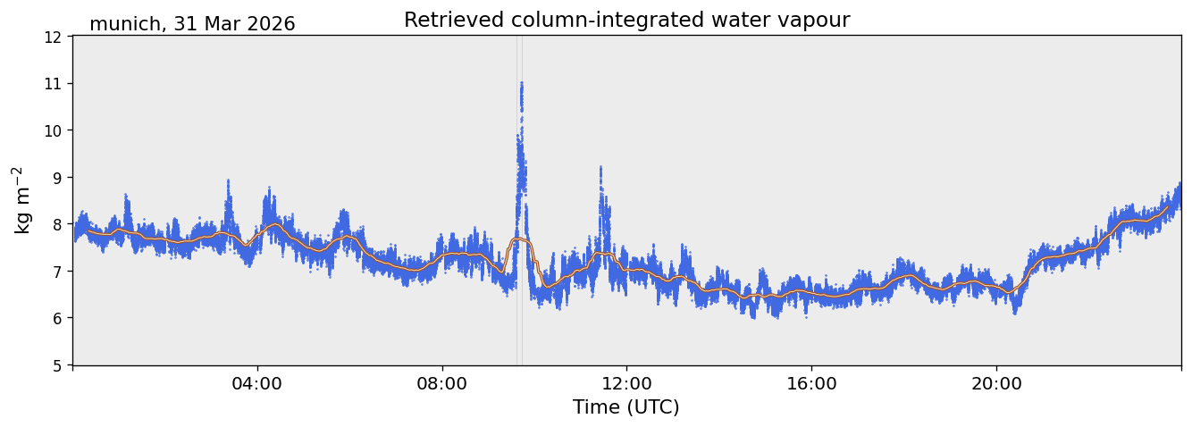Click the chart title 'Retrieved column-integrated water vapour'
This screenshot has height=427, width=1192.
627,21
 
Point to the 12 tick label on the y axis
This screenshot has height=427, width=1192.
52,38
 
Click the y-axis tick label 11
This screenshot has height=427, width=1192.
52,84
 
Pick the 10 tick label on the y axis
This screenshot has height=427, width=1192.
52,130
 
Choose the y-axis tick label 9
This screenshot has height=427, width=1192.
56,178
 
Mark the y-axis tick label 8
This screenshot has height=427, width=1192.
56,224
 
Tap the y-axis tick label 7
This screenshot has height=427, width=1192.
56,272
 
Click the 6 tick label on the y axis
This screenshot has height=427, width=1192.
56,318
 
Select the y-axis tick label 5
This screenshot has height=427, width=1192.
56,365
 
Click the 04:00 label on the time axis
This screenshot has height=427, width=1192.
257,383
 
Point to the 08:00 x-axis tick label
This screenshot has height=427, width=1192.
442,383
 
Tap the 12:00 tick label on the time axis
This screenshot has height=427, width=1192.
627,383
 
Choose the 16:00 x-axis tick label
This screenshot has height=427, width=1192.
811,383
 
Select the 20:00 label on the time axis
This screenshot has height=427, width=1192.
996,383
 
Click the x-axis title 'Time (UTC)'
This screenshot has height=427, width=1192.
626,407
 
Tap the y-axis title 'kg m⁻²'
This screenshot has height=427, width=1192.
23,200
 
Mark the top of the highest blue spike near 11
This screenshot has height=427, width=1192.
522,82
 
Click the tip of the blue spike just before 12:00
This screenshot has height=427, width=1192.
600,167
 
